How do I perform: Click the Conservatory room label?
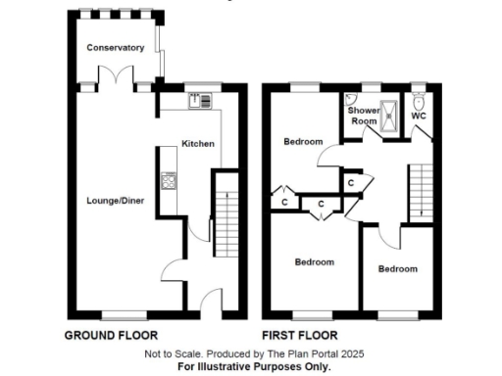[115, 48]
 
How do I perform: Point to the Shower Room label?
[363, 116]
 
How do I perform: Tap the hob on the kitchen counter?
[169, 181]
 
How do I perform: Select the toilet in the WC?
[420, 100]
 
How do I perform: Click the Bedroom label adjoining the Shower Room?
[303, 142]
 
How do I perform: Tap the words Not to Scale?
[171, 352]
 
